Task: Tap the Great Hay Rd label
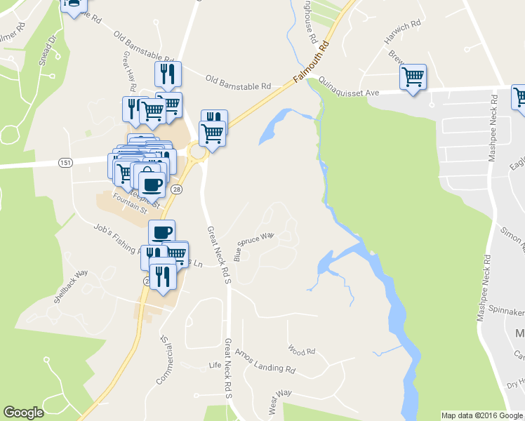point(129,72)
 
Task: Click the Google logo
point(23,413)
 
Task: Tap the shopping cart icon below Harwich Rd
point(413,76)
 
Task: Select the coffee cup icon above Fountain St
point(152,184)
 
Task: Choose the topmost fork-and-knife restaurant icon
point(168,73)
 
